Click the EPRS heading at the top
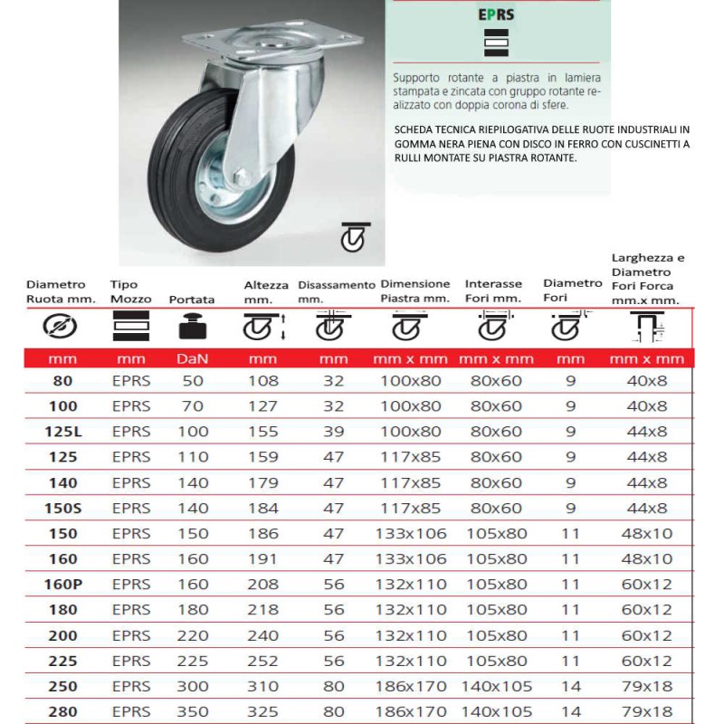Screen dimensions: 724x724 coord(497,14)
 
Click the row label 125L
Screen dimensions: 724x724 coord(62,432)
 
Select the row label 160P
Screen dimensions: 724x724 coord(62,585)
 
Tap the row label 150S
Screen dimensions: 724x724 coord(62,508)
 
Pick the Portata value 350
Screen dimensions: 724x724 coord(193,711)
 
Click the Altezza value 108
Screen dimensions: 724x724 coord(263,381)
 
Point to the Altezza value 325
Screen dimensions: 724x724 coord(263,711)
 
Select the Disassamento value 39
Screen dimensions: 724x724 coord(334,432)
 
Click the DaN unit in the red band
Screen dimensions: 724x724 coord(192,359)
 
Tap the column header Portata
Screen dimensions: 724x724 coord(192,300)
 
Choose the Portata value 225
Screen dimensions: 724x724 coord(193,661)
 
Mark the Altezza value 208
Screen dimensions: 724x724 coord(263,585)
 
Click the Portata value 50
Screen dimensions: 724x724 coord(193,381)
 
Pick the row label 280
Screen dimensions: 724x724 coord(62,711)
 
